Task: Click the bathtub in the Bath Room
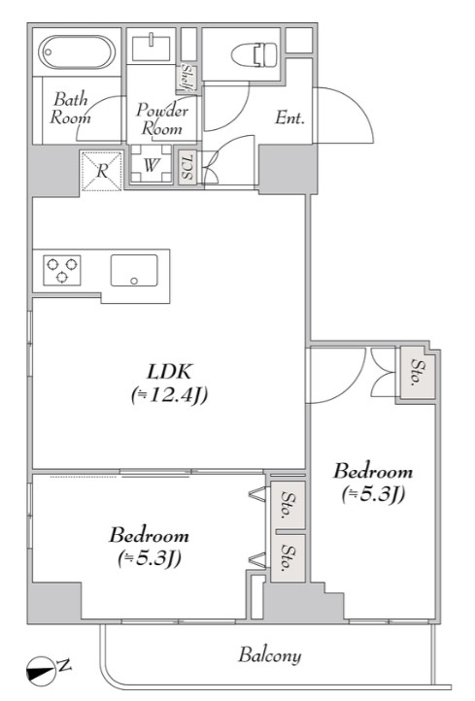(77, 51)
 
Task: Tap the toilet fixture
(254, 55)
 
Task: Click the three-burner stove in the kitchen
(62, 270)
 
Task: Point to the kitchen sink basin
(134, 270)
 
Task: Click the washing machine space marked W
(151, 164)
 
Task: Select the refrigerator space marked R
(102, 170)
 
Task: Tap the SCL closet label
(187, 166)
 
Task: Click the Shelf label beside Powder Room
(187, 79)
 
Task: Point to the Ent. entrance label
(289, 117)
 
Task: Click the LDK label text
(170, 371)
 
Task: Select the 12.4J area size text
(170, 395)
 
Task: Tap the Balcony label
(270, 655)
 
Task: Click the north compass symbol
(40, 669)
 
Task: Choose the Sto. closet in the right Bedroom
(418, 373)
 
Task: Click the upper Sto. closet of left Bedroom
(288, 505)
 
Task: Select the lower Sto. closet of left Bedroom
(288, 558)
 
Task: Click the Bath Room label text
(70, 108)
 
